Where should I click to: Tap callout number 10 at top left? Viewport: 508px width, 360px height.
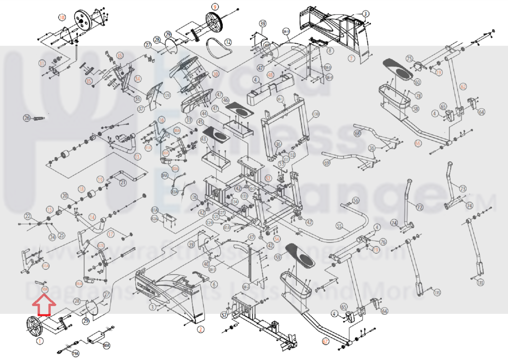click(62, 17)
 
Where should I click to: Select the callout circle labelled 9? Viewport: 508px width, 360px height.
click(215, 7)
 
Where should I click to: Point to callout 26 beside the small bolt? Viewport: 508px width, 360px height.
click(27, 118)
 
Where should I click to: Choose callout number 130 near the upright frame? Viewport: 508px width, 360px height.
click(315, 114)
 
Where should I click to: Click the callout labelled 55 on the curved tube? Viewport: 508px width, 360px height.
click(339, 226)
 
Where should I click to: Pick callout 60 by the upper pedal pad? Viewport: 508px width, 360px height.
click(417, 82)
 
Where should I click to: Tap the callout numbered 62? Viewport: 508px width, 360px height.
click(463, 86)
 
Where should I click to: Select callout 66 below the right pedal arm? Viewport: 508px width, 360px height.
click(418, 143)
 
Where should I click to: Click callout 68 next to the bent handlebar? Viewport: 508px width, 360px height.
click(357, 133)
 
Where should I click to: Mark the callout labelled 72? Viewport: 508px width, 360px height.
click(420, 207)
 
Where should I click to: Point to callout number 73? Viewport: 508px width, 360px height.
click(463, 189)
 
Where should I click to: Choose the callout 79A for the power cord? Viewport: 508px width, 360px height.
click(75, 353)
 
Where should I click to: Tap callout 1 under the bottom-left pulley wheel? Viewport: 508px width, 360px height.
click(40, 341)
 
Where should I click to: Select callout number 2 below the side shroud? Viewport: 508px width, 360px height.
click(201, 329)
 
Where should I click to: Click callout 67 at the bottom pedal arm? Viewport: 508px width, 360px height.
click(325, 341)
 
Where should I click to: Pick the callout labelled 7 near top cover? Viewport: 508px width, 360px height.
click(351, 59)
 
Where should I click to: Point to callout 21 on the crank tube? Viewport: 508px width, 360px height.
click(123, 182)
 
